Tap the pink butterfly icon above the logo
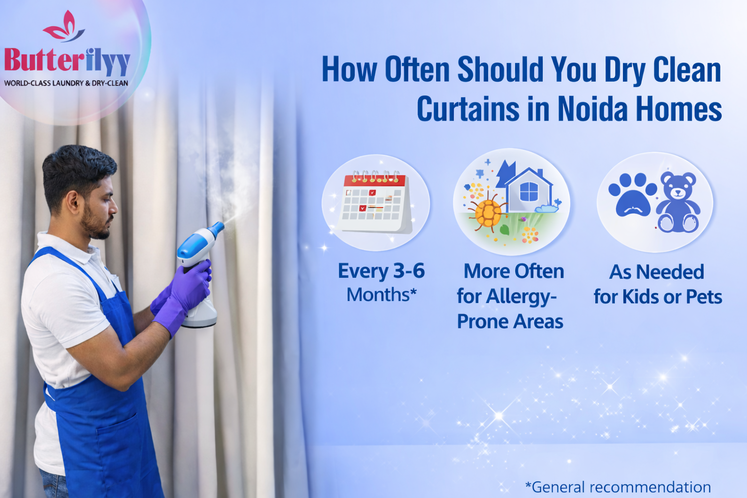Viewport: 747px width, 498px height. pos(64,28)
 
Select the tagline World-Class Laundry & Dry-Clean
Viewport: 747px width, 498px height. pos(66,83)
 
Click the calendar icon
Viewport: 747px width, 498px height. pos(375,203)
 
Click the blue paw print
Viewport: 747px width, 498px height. pos(632,196)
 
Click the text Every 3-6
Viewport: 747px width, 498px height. pos(381,271)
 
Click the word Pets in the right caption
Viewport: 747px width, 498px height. pos(704,297)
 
